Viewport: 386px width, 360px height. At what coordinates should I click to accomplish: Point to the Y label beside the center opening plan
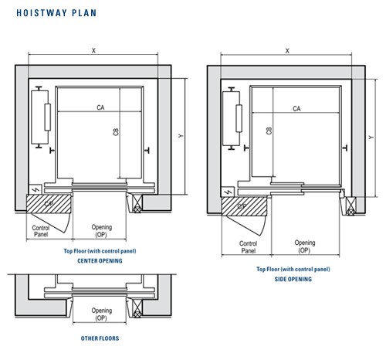tap(179, 135)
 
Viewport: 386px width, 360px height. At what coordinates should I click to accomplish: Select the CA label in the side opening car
tap(296, 109)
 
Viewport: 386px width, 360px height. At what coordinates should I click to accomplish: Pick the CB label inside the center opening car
tap(116, 132)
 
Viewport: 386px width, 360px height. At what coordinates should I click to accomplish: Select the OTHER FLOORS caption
tap(100, 338)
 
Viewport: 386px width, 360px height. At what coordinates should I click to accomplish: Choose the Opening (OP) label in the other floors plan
tap(102, 314)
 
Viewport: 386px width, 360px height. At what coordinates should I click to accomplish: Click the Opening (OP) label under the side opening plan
tap(304, 247)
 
